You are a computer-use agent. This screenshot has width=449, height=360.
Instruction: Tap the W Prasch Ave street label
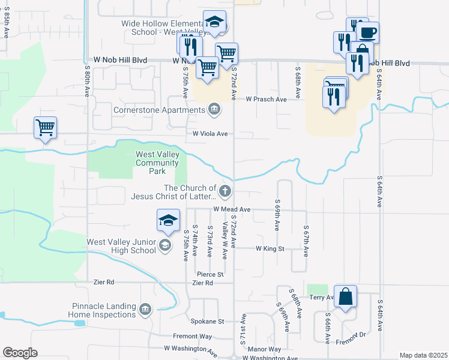(266, 99)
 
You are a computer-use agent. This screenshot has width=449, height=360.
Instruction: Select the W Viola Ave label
(210, 134)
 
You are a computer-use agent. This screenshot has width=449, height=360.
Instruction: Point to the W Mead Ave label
(231, 209)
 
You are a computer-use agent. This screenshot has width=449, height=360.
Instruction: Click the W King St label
(270, 248)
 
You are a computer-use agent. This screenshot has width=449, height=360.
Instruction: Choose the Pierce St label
(211, 274)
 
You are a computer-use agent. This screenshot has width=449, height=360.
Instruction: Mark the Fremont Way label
(193, 337)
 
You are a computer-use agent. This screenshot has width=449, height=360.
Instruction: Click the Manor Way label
(264, 349)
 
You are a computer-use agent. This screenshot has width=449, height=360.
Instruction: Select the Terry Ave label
(321, 297)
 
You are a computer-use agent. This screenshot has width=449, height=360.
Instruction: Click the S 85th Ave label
(5, 22)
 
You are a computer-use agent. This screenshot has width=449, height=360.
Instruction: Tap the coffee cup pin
(369, 31)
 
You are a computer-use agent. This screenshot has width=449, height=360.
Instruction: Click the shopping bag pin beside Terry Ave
(346, 296)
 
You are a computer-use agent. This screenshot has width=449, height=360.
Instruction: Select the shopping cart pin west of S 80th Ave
(46, 128)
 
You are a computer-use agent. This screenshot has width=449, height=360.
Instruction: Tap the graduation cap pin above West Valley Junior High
(168, 220)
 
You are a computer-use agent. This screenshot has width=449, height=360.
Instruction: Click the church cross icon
(225, 192)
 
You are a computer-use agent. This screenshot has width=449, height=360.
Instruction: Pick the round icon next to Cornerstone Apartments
(213, 109)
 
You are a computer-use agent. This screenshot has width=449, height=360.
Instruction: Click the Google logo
(20, 353)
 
